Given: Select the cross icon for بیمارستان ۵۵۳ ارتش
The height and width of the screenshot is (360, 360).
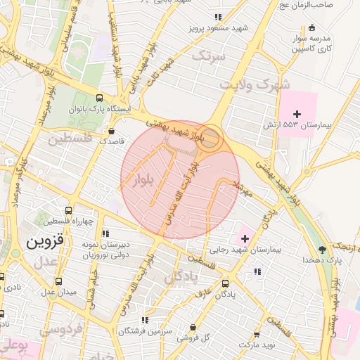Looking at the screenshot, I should click(297, 114).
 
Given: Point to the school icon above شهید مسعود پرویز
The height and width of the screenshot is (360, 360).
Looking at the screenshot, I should click(218, 18).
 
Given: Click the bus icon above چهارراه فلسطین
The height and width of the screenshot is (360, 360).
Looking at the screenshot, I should click(68, 210).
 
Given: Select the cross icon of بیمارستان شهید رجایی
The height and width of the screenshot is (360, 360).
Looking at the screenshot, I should click(244, 239).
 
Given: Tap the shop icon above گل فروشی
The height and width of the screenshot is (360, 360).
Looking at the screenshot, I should click(193, 327).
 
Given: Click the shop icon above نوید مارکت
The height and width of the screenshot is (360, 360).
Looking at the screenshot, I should click(256, 335).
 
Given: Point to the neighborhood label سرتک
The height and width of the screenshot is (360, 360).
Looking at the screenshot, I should click(211, 55).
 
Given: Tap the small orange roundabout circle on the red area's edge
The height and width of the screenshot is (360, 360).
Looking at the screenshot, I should click(212, 137).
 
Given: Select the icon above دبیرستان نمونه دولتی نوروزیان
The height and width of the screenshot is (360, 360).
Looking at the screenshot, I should click(105, 233).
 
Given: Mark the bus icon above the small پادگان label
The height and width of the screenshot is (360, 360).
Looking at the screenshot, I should click(225, 284).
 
